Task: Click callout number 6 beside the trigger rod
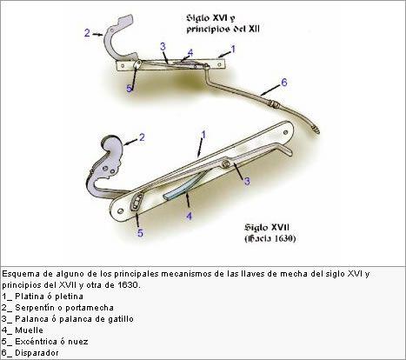coord(284,83)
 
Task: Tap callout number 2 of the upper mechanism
coord(87,33)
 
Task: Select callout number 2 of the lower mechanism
coord(142,137)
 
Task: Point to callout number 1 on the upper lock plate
coord(233,50)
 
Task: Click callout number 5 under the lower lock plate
coord(140,233)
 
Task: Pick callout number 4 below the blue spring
coord(189,216)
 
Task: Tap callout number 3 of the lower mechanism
coord(247,182)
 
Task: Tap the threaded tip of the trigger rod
coord(315,130)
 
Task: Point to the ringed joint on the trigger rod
coord(274,104)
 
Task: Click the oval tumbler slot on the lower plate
coord(136,202)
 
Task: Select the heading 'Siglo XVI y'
coord(210,18)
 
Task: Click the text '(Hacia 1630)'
coord(270,238)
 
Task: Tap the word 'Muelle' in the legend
coord(29,330)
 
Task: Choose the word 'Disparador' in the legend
coord(37,353)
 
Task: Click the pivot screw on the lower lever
coord(225,164)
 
